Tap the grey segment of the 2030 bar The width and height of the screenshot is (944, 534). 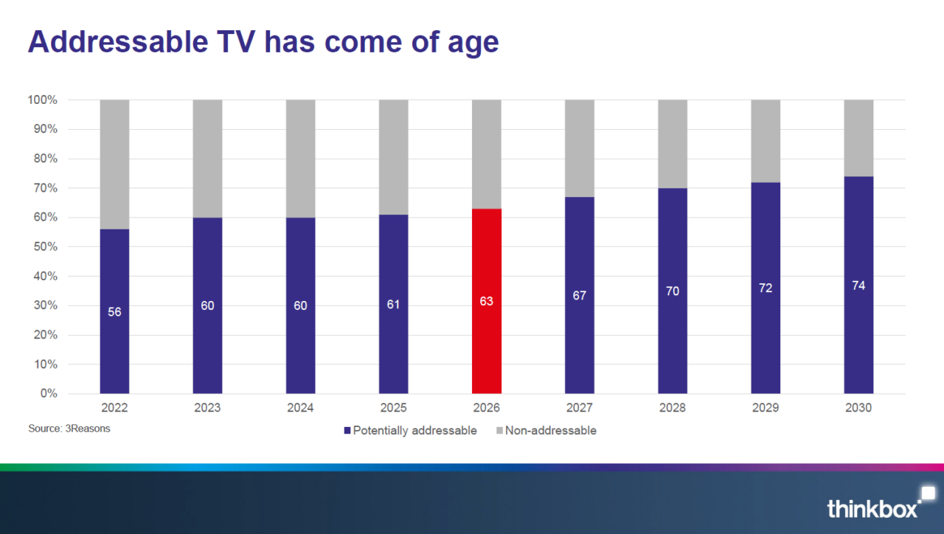858,138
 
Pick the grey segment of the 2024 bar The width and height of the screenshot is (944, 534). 300,159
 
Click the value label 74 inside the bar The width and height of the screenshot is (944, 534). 858,285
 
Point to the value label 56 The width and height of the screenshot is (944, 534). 114,312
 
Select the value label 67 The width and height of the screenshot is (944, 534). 579,296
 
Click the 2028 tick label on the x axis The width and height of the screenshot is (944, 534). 673,408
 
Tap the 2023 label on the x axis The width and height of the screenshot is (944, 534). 207,408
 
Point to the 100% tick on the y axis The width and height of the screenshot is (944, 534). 42,100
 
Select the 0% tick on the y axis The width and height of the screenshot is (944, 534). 48,394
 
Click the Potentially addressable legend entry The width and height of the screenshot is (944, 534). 410,430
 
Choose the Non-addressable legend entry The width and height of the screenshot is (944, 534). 545,430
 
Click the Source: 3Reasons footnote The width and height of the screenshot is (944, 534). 69,429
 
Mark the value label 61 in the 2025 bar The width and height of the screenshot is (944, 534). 393,305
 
